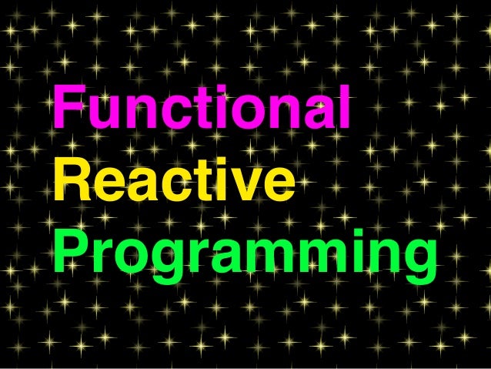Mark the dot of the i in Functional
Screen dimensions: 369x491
(229, 90)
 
